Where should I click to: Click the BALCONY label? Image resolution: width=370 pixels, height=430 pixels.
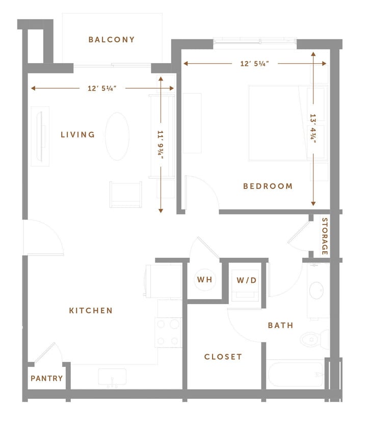(x=112, y=39)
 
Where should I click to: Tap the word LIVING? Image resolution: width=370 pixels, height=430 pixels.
(x=78, y=135)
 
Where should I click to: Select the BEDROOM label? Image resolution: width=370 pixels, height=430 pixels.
(x=268, y=186)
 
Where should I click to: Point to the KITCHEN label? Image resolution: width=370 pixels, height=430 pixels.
(x=91, y=310)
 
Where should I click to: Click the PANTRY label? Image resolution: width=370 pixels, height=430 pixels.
(x=47, y=379)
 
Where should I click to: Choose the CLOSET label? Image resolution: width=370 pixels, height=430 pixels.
(x=223, y=357)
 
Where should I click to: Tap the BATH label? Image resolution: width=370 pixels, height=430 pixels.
(x=281, y=325)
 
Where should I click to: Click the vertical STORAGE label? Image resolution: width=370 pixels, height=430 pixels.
(x=325, y=236)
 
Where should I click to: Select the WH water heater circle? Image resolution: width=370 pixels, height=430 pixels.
(x=204, y=280)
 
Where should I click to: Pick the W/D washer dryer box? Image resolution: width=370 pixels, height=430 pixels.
(x=247, y=280)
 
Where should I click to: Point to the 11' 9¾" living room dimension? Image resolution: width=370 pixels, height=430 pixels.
(x=161, y=145)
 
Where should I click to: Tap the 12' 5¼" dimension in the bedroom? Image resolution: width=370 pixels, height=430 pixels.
(x=255, y=64)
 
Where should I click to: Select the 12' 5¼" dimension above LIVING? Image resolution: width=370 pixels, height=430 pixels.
(x=102, y=88)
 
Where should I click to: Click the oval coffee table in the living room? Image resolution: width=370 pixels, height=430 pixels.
(x=117, y=136)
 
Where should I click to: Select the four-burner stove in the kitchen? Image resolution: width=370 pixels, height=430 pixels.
(x=169, y=332)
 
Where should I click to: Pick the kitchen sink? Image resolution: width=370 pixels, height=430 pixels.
(x=112, y=378)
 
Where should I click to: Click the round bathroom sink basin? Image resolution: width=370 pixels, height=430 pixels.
(x=316, y=291)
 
